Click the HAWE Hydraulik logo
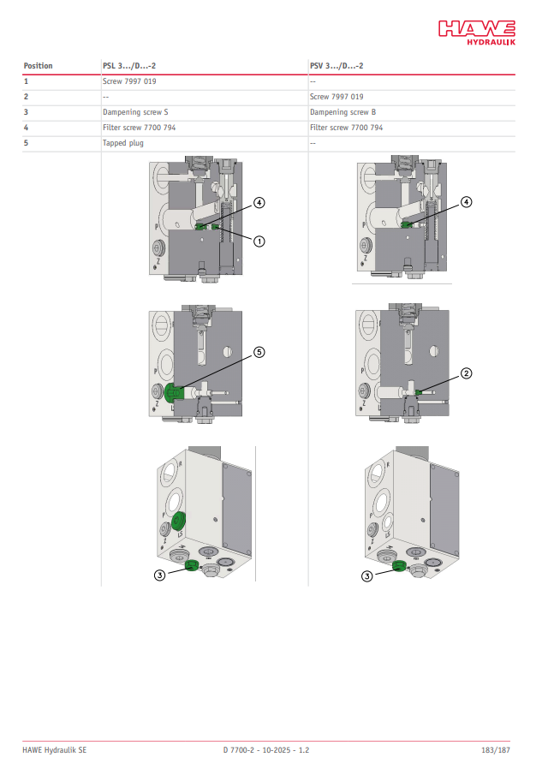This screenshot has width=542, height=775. click(x=477, y=33)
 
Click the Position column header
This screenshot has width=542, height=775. click(x=38, y=66)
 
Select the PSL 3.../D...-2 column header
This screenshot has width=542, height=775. click(x=129, y=66)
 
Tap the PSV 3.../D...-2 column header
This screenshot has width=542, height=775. click(x=337, y=66)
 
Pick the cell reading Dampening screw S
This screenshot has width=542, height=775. click(x=135, y=112)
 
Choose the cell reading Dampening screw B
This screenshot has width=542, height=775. click(x=342, y=112)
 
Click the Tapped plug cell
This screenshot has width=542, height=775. click(x=123, y=143)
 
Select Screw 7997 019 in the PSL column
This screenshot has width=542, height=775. click(x=129, y=81)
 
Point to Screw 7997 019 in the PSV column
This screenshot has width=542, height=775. click(x=337, y=97)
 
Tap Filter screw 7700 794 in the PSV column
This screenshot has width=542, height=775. click(x=346, y=128)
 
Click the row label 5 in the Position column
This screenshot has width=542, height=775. click(x=27, y=143)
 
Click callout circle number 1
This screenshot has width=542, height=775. click(x=259, y=241)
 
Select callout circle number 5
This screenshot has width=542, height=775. click(x=259, y=352)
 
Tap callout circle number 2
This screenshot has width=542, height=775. click(x=466, y=373)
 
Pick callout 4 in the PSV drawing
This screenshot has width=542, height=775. click(x=466, y=201)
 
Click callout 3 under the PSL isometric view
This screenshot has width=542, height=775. click(x=159, y=575)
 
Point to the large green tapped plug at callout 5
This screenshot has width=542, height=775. click(x=174, y=393)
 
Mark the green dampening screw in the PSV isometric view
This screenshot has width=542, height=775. click(x=399, y=566)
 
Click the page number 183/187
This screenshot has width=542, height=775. click(x=496, y=750)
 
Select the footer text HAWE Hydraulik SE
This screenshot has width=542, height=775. click(x=54, y=750)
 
